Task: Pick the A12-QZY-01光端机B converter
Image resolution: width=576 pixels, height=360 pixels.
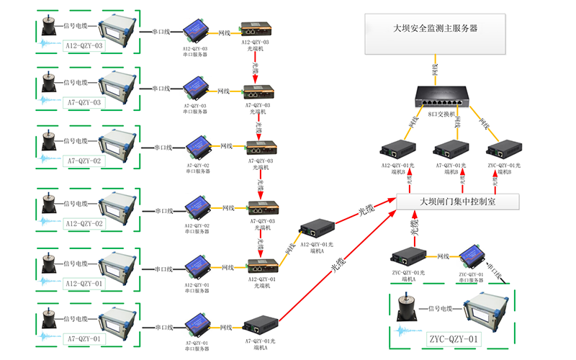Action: point(396,150)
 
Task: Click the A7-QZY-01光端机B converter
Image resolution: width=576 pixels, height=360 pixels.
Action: point(450,150)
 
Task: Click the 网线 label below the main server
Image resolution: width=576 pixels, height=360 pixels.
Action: point(435,69)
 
